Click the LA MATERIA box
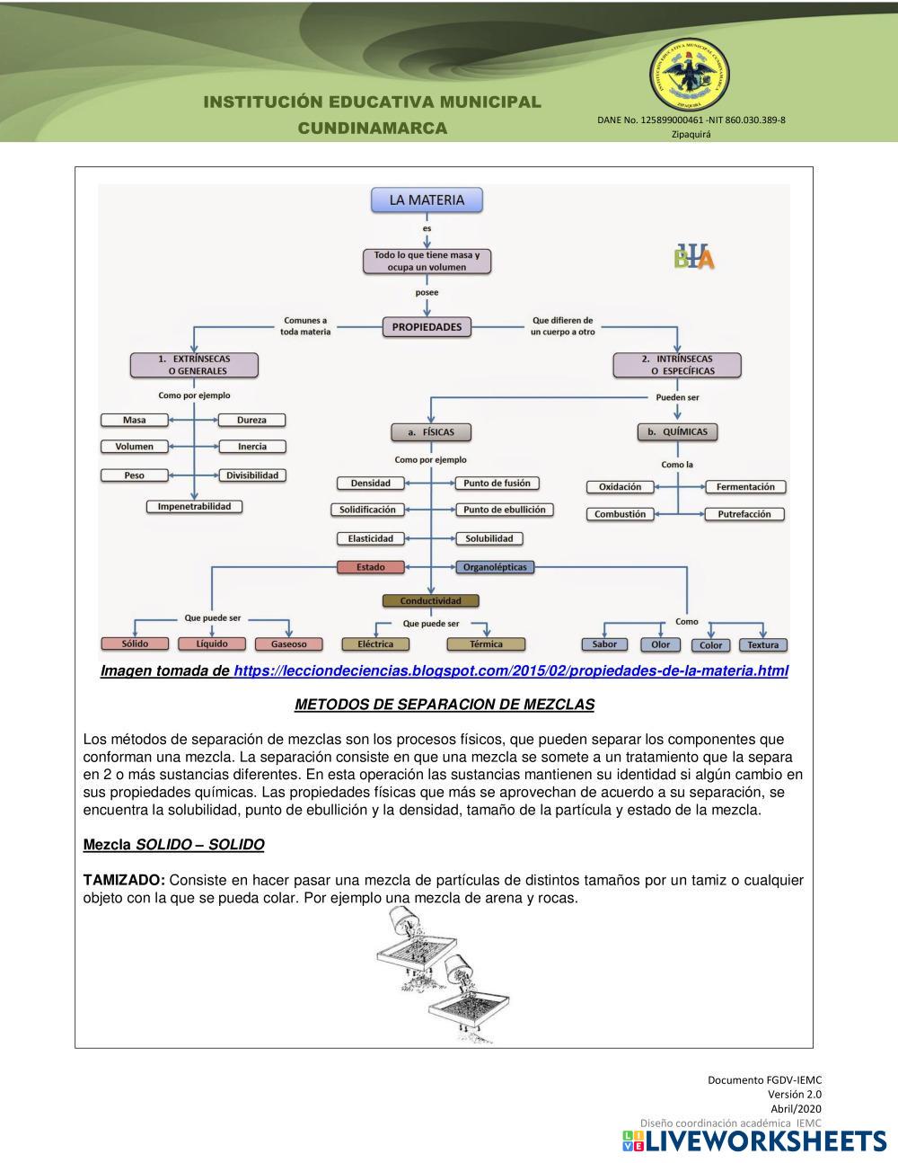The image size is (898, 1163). pyautogui.click(x=427, y=200)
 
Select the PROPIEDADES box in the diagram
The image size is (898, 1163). pyautogui.click(x=427, y=327)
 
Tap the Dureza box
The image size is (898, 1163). pyautogui.click(x=251, y=420)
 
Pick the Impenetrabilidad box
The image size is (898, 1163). pyautogui.click(x=194, y=507)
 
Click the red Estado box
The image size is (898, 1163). pyautogui.click(x=370, y=567)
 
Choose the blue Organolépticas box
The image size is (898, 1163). pyautogui.click(x=495, y=567)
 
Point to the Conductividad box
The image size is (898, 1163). pyautogui.click(x=430, y=600)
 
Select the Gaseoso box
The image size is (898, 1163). pyautogui.click(x=288, y=644)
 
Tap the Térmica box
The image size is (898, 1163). pyautogui.click(x=486, y=644)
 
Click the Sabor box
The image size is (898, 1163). pyautogui.click(x=604, y=644)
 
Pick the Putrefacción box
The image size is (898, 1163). pyautogui.click(x=744, y=514)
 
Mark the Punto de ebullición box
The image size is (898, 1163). pyautogui.click(x=504, y=510)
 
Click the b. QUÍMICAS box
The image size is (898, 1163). pyautogui.click(x=677, y=431)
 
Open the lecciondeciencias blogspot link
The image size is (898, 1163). pyautogui.click(x=510, y=671)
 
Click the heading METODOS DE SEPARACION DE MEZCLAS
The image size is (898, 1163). pyautogui.click(x=445, y=705)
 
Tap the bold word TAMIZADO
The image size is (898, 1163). pyautogui.click(x=123, y=880)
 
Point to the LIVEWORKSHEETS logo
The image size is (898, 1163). pyautogui.click(x=754, y=1141)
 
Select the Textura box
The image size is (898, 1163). pyautogui.click(x=762, y=644)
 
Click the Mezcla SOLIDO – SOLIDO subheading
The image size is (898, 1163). pyautogui.click(x=173, y=845)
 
